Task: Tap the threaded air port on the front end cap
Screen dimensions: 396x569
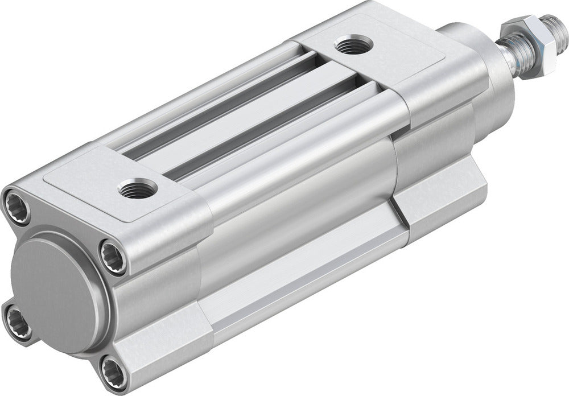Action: (353, 44)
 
